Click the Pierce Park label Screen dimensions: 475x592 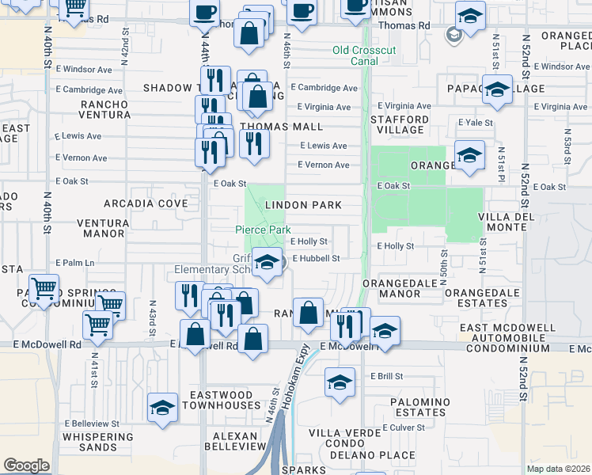[x=263, y=230]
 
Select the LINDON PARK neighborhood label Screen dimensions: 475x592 [x=303, y=205]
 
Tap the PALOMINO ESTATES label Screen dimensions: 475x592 [x=419, y=407]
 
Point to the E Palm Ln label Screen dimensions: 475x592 [x=74, y=263]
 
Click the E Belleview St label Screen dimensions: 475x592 [x=93, y=424]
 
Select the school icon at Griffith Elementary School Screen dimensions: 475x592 [x=268, y=261]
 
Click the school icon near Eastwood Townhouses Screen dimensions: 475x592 [x=162, y=407]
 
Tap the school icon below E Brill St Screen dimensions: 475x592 [x=339, y=382]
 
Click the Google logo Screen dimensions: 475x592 [x=26, y=465]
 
